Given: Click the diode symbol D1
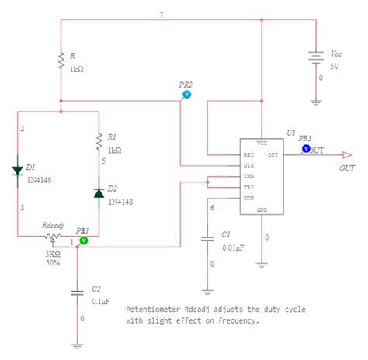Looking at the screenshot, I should (x=18, y=171).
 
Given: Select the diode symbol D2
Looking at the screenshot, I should (x=99, y=191).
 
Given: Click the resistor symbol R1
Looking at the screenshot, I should (x=99, y=140).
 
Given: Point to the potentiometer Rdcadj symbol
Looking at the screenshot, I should (x=53, y=236).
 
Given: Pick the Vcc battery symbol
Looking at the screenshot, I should (x=315, y=58).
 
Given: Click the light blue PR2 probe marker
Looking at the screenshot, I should (x=186, y=94).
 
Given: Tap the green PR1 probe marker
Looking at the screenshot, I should (x=85, y=241).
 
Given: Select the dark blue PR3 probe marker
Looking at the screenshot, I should (x=306, y=147).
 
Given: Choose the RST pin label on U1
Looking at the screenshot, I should (x=248, y=154).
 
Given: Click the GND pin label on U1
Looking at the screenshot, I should (x=262, y=209).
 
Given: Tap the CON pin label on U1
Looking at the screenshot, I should (x=248, y=198).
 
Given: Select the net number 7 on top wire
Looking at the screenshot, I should (x=161, y=15).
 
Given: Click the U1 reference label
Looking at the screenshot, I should (x=290, y=133).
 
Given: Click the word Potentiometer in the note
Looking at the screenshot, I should (x=152, y=308).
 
